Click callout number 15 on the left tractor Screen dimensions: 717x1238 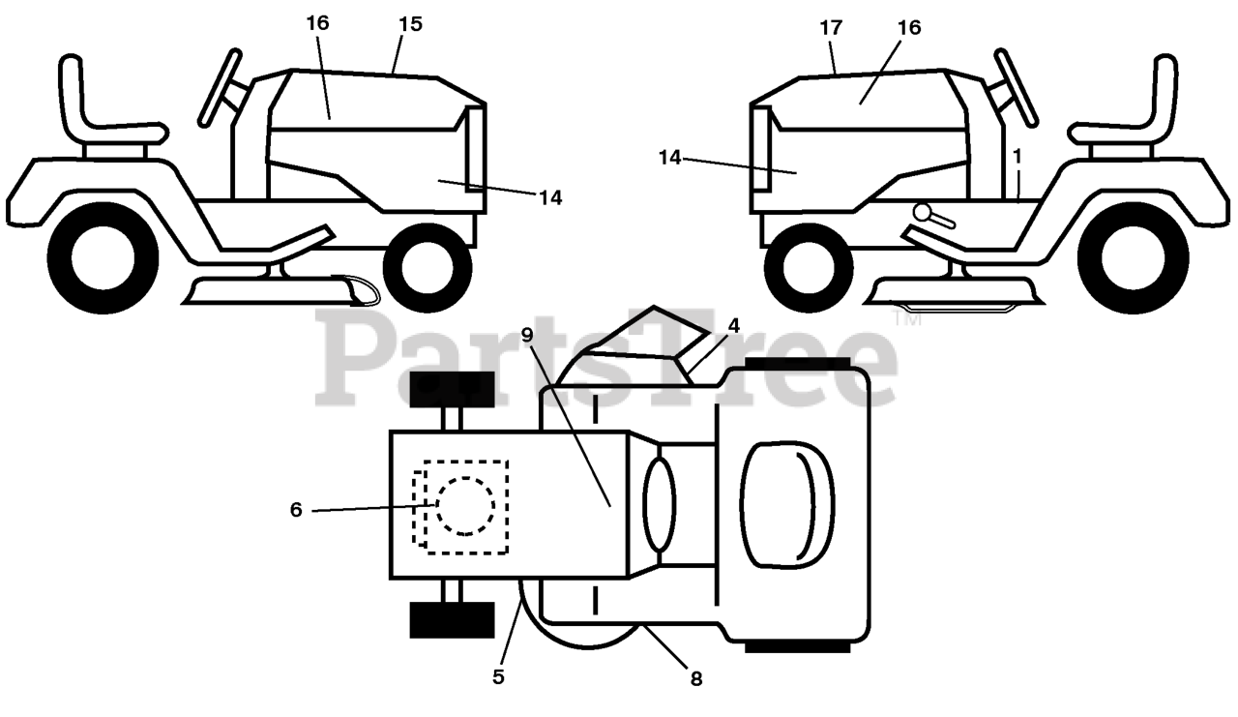[x=410, y=24]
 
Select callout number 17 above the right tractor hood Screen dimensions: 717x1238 [x=831, y=27]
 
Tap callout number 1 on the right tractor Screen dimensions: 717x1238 [x=1017, y=155]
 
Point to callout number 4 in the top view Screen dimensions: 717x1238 [x=734, y=326]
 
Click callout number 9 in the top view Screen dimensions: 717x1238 [x=527, y=335]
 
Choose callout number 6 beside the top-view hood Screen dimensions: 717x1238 [x=296, y=509]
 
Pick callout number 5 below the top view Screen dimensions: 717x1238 [x=498, y=676]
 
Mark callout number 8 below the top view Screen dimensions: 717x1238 [x=695, y=678]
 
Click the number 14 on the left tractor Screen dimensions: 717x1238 [x=550, y=197]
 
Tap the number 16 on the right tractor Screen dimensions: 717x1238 [x=908, y=27]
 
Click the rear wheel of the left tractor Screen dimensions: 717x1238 [x=102, y=258]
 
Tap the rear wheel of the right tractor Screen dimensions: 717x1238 [x=1133, y=258]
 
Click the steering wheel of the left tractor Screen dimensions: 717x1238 [x=220, y=87]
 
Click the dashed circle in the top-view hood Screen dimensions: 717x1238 [x=465, y=505]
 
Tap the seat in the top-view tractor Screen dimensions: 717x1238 [x=788, y=503]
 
